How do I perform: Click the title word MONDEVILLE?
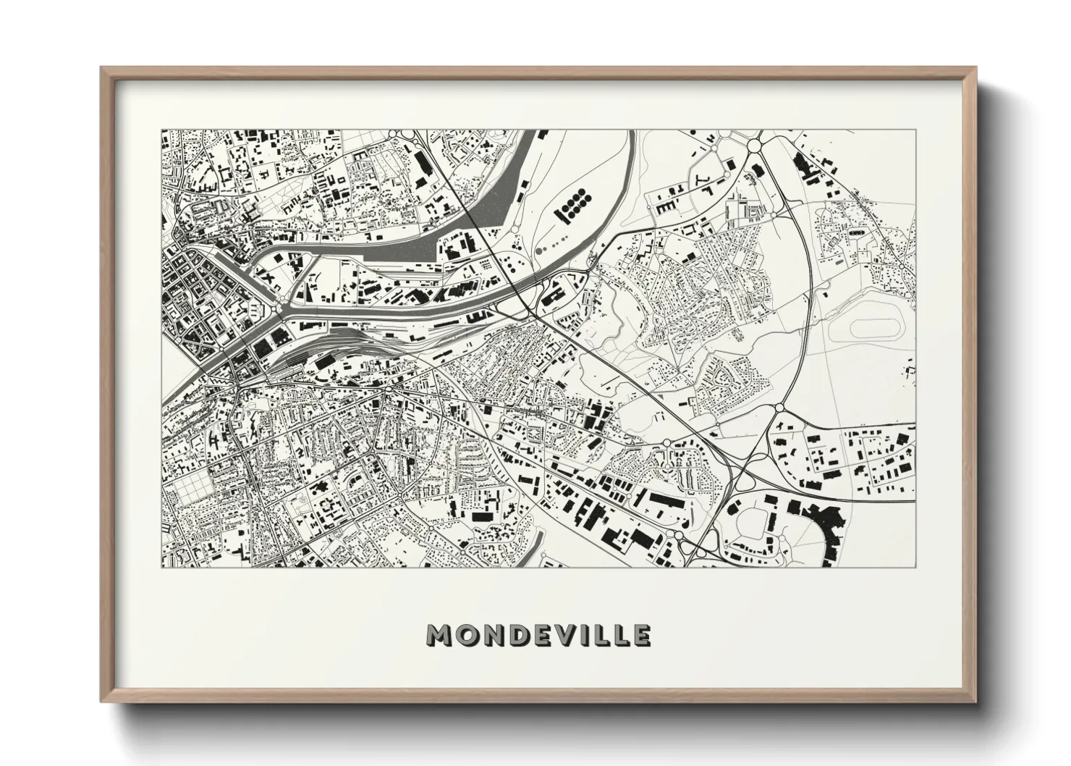[538, 635]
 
